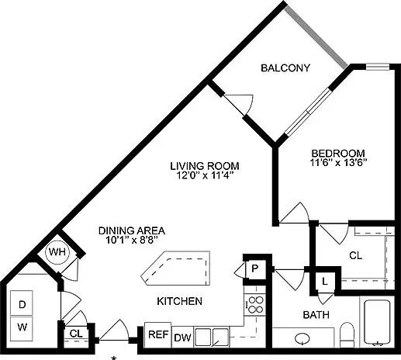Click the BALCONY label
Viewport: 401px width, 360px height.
[285, 68]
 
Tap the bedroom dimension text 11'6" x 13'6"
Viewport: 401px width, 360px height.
[338, 163]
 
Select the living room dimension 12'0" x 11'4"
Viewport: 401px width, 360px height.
[205, 175]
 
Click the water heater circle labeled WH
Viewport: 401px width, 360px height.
[57, 252]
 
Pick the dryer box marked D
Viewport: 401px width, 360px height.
[22, 303]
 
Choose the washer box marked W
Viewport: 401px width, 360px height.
[22, 328]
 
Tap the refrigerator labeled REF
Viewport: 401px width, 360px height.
[158, 334]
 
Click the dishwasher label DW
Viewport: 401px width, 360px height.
[182, 337]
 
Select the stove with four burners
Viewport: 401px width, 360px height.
[255, 305]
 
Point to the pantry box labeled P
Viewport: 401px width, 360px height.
[255, 268]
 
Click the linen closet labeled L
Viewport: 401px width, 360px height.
[325, 281]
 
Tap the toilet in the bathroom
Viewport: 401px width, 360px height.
[347, 334]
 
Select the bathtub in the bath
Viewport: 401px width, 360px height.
[377, 322]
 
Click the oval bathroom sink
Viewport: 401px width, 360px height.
[302, 337]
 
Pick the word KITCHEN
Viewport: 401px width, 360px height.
[180, 301]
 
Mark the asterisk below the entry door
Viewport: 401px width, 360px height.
[113, 358]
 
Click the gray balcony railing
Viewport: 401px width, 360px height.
[316, 37]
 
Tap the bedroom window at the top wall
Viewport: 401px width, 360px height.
[378, 67]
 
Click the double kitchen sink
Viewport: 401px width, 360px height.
[212, 337]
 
